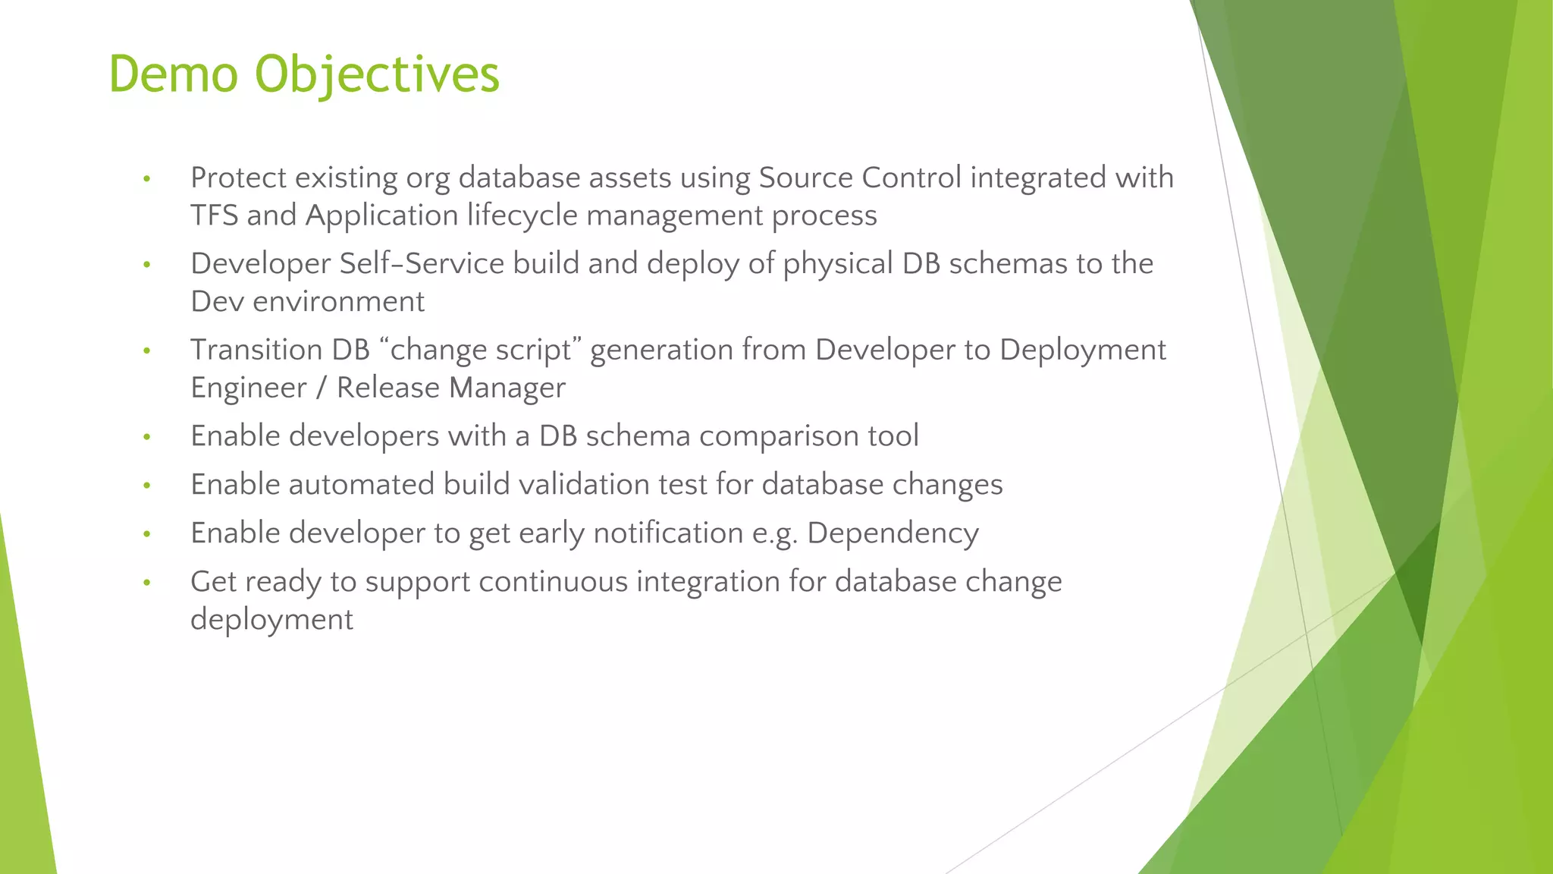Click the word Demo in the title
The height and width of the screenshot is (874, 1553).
click(174, 74)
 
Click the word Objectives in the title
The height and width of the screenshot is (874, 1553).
click(377, 74)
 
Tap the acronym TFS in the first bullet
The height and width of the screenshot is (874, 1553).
click(214, 215)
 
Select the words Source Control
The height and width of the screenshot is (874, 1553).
click(860, 178)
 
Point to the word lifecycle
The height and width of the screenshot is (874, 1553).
click(522, 215)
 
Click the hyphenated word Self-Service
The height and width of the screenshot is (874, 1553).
click(422, 264)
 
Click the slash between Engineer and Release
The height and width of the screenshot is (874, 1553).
click(322, 388)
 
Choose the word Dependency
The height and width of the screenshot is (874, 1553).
click(893, 533)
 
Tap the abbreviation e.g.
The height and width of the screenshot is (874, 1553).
click(775, 533)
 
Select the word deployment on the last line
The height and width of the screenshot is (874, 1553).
click(271, 620)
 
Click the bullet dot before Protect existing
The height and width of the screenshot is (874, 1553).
click(147, 180)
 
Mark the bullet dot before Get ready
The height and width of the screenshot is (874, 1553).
click(147, 583)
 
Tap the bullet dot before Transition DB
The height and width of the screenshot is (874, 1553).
click(147, 351)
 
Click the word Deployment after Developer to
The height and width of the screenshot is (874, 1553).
click(1082, 350)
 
